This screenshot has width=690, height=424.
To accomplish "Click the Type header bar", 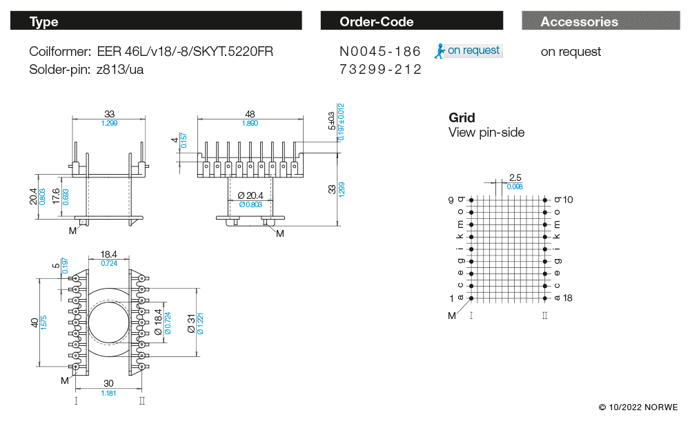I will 156,21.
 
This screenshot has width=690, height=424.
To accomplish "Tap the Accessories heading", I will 579,21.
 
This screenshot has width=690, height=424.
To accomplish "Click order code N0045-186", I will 380,52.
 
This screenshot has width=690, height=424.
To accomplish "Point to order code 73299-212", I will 380,70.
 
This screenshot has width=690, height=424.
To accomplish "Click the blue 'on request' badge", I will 469,50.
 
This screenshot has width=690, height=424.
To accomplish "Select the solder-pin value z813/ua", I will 120,70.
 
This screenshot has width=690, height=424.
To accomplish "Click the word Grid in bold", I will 462,117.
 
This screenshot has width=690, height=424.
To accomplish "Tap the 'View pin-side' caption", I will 486,133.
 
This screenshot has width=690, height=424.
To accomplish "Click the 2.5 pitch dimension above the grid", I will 515,178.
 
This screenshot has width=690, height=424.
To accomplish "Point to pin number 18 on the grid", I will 568,298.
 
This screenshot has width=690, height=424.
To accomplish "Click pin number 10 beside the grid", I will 568,200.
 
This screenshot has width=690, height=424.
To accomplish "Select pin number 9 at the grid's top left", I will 451,200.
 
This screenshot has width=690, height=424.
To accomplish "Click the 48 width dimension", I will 250,114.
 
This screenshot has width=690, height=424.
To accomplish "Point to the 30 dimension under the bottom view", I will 108,384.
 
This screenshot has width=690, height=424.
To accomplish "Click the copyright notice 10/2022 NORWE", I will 638,407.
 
